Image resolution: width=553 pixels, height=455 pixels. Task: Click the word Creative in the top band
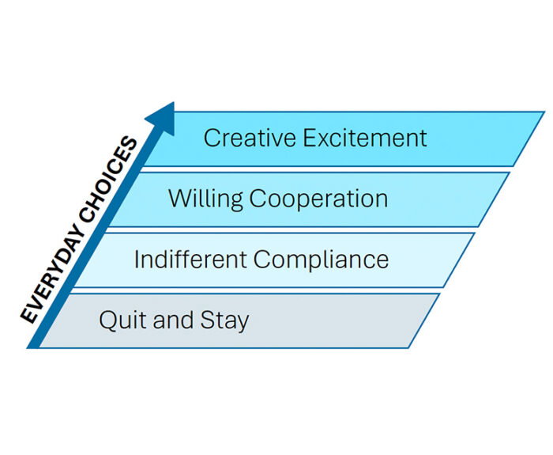(x=250, y=138)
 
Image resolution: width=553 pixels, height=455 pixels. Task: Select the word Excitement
(x=365, y=138)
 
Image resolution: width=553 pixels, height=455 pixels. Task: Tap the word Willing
(x=205, y=199)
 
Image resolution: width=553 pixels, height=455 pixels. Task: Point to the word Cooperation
(x=319, y=199)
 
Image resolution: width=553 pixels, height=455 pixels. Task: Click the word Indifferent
(x=190, y=260)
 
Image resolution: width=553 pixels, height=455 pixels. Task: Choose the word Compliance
(x=321, y=260)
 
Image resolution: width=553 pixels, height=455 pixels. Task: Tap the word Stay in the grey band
(x=224, y=321)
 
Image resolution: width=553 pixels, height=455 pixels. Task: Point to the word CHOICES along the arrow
(x=109, y=181)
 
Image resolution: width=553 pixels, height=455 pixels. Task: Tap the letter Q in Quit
(x=107, y=321)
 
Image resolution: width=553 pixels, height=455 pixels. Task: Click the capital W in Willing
(x=180, y=199)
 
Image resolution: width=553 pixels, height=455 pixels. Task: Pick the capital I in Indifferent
(x=136, y=260)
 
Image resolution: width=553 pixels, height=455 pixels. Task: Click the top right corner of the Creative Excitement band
(x=544, y=112)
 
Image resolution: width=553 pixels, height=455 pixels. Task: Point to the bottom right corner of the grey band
(x=408, y=348)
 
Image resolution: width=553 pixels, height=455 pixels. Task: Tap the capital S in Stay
(x=207, y=320)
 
